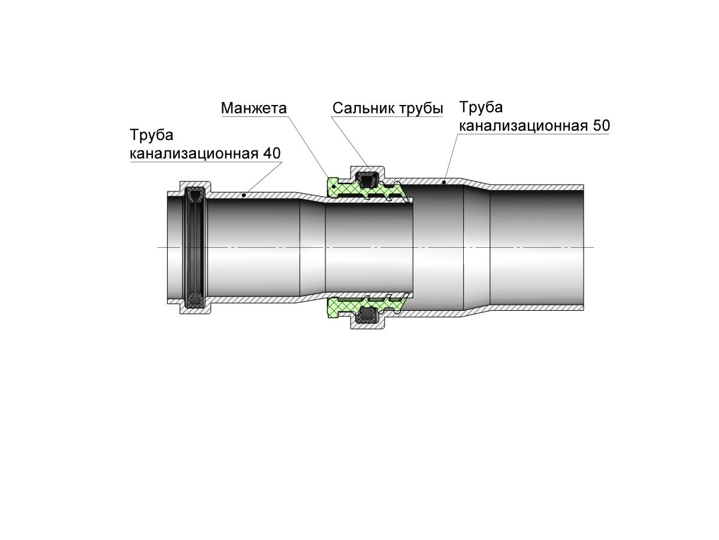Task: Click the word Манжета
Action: tap(253, 108)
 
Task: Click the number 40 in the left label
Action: tap(271, 153)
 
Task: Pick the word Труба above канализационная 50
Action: tap(481, 108)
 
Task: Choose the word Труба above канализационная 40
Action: tap(152, 136)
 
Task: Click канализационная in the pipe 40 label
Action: tap(194, 154)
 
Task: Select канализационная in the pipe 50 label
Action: tap(523, 126)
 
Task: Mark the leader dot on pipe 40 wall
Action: tap(244, 196)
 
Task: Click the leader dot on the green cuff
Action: tap(334, 186)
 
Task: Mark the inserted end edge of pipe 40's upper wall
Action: tap(412, 200)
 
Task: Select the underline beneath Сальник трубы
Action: tap(388, 116)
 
